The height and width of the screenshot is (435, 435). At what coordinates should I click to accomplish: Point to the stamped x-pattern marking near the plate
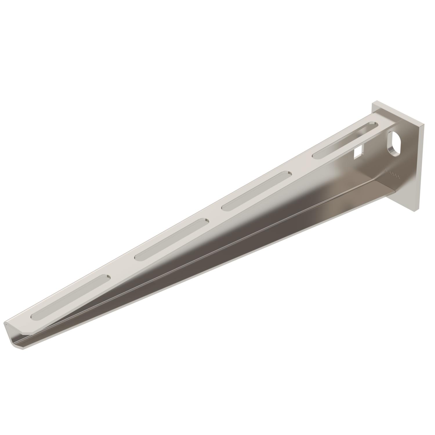click(392, 174)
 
